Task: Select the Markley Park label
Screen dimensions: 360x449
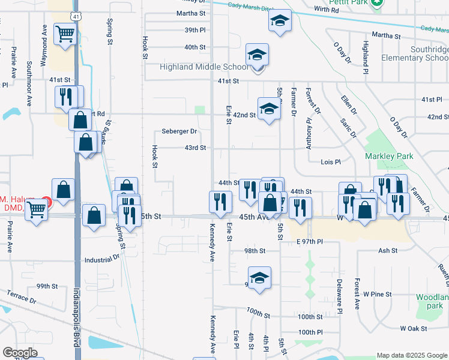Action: click(x=386, y=156)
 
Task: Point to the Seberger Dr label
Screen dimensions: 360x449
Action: click(x=179, y=131)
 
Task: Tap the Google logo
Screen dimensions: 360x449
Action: click(x=20, y=353)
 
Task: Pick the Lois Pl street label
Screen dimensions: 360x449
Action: click(x=330, y=162)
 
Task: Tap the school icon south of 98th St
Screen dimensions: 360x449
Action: click(x=259, y=278)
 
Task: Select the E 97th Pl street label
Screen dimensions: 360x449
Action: click(x=309, y=241)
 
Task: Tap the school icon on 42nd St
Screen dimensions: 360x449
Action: click(x=269, y=109)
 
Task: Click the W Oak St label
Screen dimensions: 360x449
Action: click(x=414, y=329)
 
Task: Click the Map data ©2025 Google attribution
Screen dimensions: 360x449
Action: click(x=411, y=355)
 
